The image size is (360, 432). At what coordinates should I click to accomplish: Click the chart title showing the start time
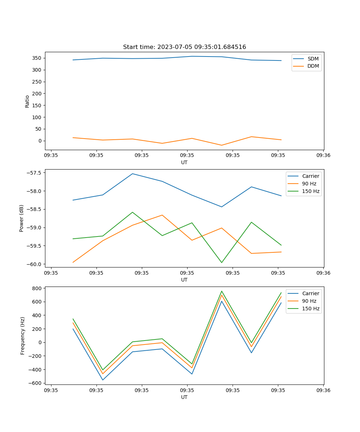(x=184, y=47)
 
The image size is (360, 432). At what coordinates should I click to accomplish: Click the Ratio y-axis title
(x=27, y=101)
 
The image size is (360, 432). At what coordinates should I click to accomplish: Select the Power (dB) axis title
(x=22, y=218)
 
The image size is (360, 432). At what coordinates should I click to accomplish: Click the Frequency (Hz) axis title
(x=22, y=336)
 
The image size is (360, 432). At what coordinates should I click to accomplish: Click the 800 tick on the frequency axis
(x=37, y=288)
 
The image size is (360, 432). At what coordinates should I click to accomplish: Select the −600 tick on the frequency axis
(x=36, y=383)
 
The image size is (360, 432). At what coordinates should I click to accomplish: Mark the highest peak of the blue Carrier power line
(x=132, y=174)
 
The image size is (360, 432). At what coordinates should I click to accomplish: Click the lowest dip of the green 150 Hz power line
(x=221, y=263)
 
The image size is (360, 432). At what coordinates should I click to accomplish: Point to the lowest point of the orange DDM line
(x=221, y=145)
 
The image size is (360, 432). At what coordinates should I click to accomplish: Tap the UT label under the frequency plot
(x=184, y=397)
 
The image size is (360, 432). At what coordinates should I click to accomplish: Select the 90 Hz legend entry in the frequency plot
(x=309, y=301)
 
